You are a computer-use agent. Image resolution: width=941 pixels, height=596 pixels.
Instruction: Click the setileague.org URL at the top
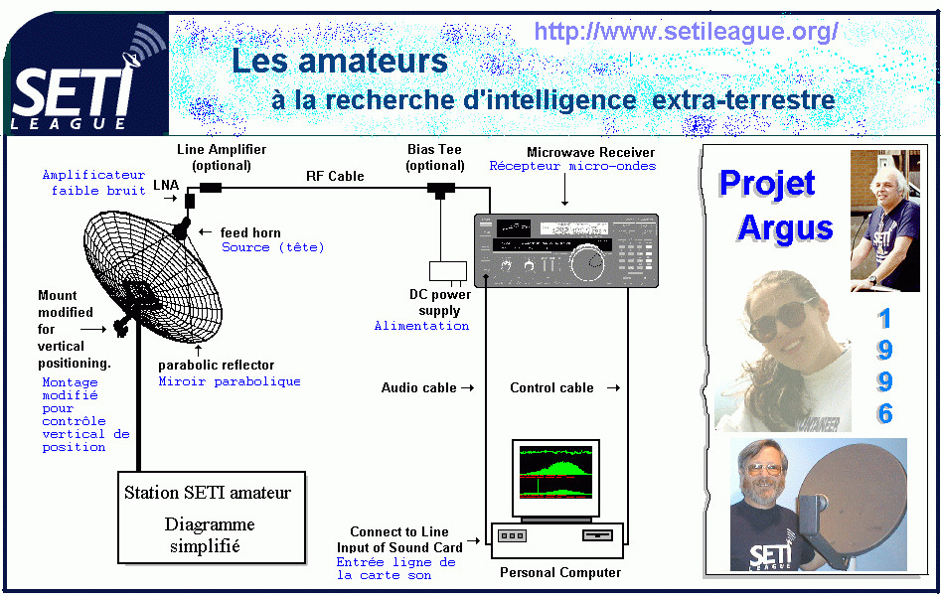click(686, 31)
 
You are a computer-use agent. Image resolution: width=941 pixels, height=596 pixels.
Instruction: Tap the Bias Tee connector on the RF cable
click(441, 191)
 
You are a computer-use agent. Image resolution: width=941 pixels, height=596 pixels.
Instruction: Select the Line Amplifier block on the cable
click(211, 188)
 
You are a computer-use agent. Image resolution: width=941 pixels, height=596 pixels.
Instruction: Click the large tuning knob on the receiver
click(587, 263)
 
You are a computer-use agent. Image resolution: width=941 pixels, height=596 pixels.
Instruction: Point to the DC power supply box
click(448, 271)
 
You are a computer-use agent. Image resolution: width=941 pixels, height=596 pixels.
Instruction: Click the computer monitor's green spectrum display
click(555, 473)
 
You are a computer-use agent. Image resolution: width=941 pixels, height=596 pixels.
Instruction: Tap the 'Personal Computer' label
click(560, 572)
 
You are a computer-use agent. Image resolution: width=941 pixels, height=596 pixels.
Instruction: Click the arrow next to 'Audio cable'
click(467, 388)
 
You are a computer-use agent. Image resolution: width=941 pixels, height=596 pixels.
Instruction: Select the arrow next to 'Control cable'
click(613, 388)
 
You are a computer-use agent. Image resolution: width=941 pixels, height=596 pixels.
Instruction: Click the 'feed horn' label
click(250, 232)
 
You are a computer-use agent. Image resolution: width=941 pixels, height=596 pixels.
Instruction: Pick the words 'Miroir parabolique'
click(230, 381)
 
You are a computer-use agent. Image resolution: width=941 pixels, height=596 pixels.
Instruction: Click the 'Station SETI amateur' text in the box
click(208, 493)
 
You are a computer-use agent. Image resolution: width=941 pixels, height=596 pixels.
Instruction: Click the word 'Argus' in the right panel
click(786, 229)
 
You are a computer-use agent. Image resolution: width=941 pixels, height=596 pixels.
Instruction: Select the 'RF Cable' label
click(335, 176)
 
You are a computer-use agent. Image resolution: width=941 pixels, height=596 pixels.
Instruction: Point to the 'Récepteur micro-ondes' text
click(572, 166)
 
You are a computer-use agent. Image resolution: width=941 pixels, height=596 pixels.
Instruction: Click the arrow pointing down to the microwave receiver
click(564, 192)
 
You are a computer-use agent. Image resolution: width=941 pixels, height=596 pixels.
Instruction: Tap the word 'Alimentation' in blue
click(422, 325)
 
